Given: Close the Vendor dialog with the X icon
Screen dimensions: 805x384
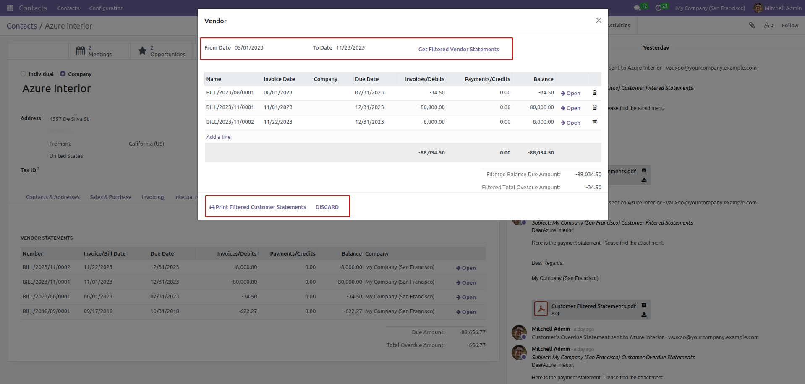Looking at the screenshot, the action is pyautogui.click(x=599, y=21).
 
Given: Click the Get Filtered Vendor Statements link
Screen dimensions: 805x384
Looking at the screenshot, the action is pyautogui.click(x=458, y=49).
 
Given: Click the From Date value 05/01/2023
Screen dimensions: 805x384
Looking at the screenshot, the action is pyautogui.click(x=249, y=48).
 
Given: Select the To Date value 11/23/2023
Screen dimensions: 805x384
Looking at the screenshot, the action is pyautogui.click(x=350, y=48).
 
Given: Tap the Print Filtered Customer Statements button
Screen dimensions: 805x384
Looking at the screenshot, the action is pyautogui.click(x=258, y=207).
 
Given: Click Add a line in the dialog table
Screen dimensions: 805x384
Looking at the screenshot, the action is pyautogui.click(x=218, y=137).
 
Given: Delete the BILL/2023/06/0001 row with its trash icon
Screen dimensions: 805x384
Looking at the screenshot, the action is pyautogui.click(x=594, y=93).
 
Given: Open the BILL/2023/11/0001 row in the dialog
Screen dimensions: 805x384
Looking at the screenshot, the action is pyautogui.click(x=570, y=108).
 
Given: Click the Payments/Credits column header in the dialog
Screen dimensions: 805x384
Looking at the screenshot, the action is pyautogui.click(x=487, y=79).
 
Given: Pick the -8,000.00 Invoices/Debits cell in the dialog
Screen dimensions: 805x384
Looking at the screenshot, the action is pyautogui.click(x=433, y=122).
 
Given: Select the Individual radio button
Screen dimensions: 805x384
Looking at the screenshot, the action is pyautogui.click(x=24, y=74).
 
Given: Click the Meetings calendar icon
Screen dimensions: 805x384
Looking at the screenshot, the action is pyautogui.click(x=81, y=51).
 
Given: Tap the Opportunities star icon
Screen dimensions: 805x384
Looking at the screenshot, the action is pyautogui.click(x=143, y=51).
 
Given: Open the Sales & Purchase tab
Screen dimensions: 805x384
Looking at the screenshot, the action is pyautogui.click(x=110, y=197).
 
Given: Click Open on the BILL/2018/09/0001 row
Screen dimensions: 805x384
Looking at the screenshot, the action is pyautogui.click(x=466, y=312).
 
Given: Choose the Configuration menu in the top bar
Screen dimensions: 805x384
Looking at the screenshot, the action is pyautogui.click(x=106, y=8).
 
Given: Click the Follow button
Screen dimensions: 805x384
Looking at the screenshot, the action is pyautogui.click(x=790, y=26).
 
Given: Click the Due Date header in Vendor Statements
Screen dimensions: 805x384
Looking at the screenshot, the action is pyautogui.click(x=162, y=254).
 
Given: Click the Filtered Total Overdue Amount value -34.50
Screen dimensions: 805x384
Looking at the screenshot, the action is pyautogui.click(x=593, y=188).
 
